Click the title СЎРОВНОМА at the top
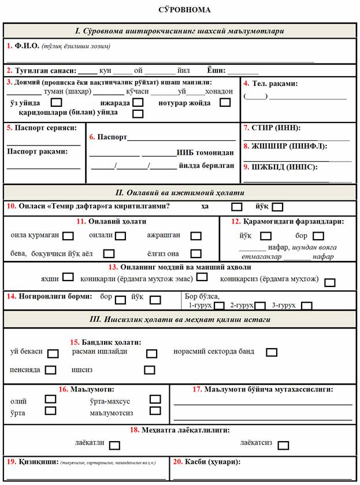pyautogui.click(x=184, y=10)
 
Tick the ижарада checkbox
pyautogui.click(x=138, y=103)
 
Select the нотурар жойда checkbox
pyautogui.click(x=225, y=103)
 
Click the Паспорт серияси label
pyautogui.click(x=42, y=128)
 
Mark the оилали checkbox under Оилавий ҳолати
pyautogui.click(x=121, y=236)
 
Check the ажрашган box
pyautogui.click(x=196, y=236)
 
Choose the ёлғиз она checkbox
pyautogui.click(x=196, y=253)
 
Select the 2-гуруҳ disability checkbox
pyautogui.click(x=260, y=305)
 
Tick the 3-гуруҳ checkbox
pyautogui.click(x=307, y=305)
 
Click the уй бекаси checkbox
pyautogui.click(x=53, y=353)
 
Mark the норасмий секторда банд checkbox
pyautogui.click(x=272, y=352)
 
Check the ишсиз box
pyautogui.click(x=150, y=370)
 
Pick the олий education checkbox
pyautogui.click(x=50, y=399)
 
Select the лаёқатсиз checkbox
pyautogui.click(x=283, y=445)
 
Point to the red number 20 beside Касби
pyautogui.click(x=178, y=462)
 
